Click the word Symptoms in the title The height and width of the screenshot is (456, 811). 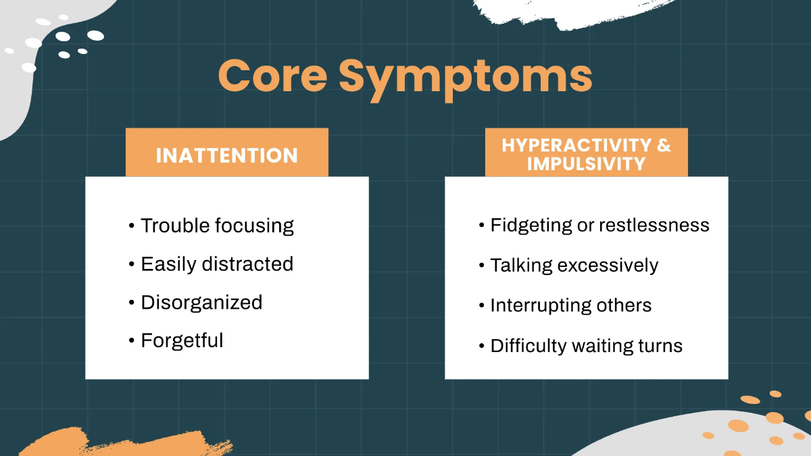pos(466,76)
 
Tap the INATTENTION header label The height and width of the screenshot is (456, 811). pos(226,155)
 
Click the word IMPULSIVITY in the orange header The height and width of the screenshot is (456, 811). pos(586,164)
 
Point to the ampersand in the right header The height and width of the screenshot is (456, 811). pos(663,145)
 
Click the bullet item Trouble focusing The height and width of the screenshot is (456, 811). pos(217,226)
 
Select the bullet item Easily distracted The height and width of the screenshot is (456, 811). pos(217,264)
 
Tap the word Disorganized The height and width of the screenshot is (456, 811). pos(201,303)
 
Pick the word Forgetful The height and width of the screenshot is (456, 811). pos(182,340)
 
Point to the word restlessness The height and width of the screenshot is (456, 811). pos(654,226)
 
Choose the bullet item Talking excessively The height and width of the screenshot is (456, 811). pos(574,265)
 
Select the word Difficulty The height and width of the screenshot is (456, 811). pos(529,346)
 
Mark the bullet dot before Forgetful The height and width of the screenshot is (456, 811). pos(131,341)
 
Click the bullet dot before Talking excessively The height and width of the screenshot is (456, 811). pos(481,266)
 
